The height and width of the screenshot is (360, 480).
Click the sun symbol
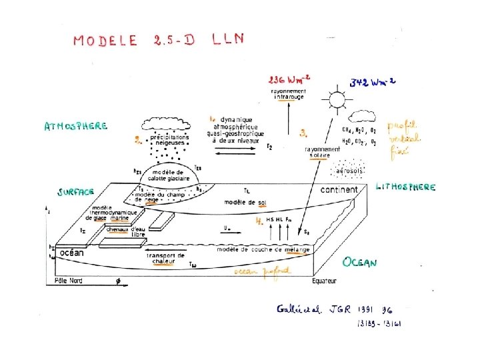click(336, 101)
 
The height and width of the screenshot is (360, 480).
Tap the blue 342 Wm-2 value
click(373, 83)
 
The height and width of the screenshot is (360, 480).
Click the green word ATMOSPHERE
click(75, 126)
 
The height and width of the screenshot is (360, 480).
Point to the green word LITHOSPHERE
click(406, 187)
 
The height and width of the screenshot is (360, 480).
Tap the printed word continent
click(339, 190)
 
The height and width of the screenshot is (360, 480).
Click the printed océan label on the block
click(72, 253)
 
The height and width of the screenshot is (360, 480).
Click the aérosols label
click(350, 171)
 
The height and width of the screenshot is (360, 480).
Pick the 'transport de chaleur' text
click(165, 259)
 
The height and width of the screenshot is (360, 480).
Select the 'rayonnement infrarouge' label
click(288, 94)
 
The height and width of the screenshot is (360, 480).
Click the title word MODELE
click(105, 41)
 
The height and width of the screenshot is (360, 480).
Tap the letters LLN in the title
click(228, 39)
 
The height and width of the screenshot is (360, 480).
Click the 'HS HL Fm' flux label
click(279, 219)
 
